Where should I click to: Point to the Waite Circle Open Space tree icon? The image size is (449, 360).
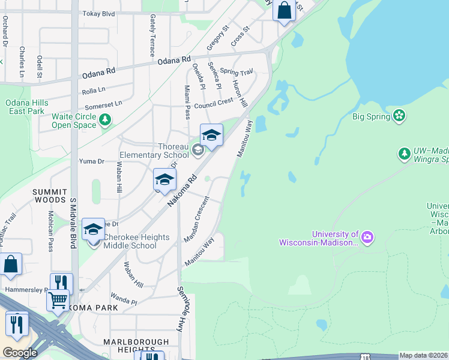click(x=106, y=121)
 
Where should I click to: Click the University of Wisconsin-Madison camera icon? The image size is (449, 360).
click(x=367, y=238)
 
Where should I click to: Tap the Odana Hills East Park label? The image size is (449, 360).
click(x=25, y=107)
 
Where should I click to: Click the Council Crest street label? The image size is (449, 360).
click(x=213, y=103)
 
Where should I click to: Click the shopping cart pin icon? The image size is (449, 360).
click(x=58, y=300)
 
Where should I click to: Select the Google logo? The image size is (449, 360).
click(x=20, y=353)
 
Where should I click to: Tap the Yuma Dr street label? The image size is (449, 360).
click(x=92, y=161)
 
